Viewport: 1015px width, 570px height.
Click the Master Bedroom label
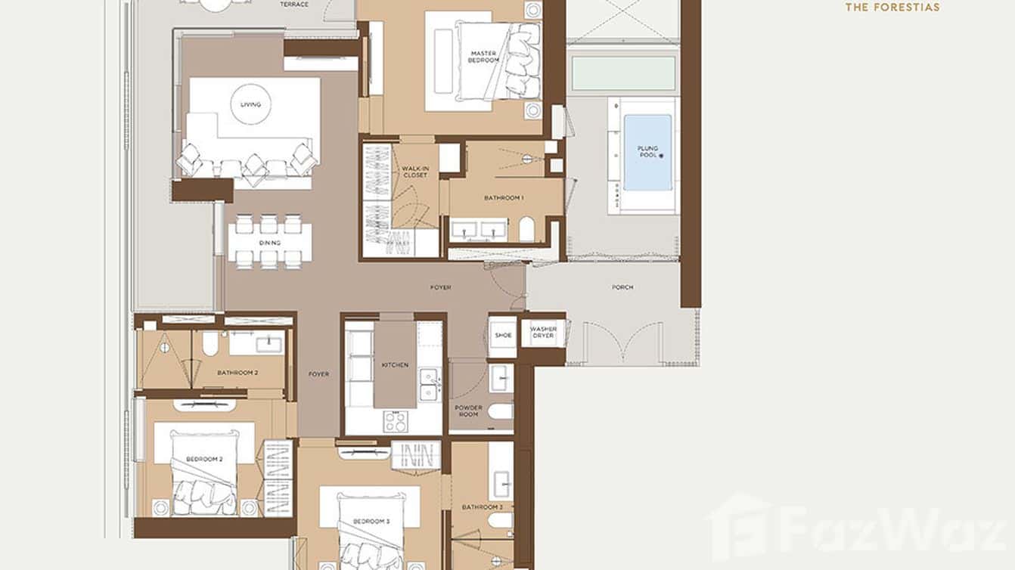coord(483,57)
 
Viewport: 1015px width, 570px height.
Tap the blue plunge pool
coord(647,153)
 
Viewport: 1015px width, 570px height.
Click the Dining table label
coord(269,243)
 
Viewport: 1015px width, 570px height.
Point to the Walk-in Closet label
coord(414,172)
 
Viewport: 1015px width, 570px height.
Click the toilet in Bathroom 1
coord(527,228)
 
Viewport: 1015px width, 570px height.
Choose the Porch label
coord(622,287)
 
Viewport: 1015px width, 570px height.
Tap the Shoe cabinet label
coord(503,336)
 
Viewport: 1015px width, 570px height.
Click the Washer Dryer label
coord(543,333)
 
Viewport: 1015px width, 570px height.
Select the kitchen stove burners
coord(395,421)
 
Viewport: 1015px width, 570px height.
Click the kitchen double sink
coord(430,383)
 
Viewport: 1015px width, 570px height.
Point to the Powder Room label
coord(468,410)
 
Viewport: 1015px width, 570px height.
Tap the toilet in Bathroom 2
coord(210,344)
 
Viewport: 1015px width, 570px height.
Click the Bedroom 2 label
coord(203,459)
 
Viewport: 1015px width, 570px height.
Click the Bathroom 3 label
coord(482,507)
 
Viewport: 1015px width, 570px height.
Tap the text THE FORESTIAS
coord(892,8)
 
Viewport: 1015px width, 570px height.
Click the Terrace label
coord(294,5)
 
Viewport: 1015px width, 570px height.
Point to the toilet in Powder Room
coord(499,411)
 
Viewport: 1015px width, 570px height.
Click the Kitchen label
coord(394,365)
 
